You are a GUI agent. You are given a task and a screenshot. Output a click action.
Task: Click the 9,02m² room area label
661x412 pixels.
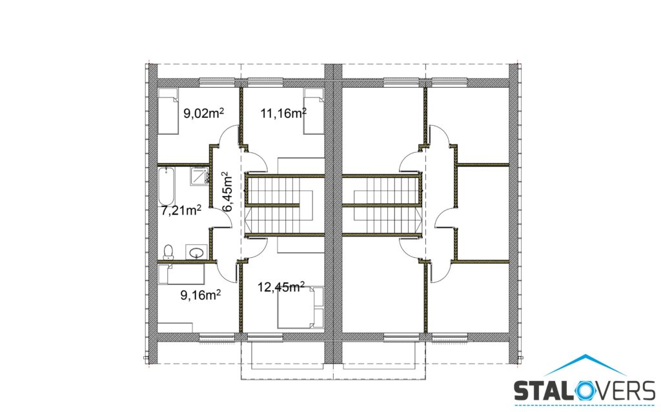tap(203, 113)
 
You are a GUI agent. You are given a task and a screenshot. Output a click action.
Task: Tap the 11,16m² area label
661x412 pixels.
tap(283, 113)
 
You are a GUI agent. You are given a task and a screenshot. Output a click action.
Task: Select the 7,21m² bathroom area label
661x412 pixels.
tap(181, 210)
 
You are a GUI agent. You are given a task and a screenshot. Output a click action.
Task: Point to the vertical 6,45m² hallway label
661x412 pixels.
tap(227, 191)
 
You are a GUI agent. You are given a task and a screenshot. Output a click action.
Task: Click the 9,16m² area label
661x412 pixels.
tap(201, 295)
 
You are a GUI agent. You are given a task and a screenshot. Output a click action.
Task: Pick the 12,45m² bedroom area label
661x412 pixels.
tap(281, 288)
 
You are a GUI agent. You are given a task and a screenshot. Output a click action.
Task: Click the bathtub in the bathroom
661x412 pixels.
tap(167, 186)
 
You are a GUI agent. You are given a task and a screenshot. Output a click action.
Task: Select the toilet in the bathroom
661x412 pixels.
tap(168, 251)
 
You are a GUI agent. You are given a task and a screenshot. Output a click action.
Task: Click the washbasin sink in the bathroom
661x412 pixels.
tap(196, 252)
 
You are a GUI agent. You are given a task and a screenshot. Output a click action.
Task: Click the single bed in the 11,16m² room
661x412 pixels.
tap(314, 111)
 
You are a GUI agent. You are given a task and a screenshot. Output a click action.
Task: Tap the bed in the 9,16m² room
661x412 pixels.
tap(181, 274)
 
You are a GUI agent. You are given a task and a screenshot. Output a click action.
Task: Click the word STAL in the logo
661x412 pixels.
tap(542, 391)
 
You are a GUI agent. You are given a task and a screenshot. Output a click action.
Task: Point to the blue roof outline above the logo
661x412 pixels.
tap(585, 364)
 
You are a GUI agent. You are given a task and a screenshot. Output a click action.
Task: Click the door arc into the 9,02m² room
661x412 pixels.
tap(223, 134)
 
